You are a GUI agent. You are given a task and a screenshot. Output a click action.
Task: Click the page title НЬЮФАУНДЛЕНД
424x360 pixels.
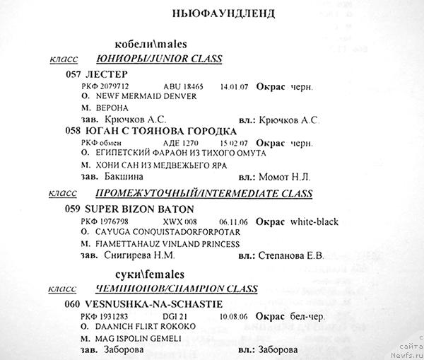pyautogui.click(x=223, y=13)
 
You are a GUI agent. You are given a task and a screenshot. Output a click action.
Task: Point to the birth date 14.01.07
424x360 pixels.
pyautogui.click(x=233, y=86)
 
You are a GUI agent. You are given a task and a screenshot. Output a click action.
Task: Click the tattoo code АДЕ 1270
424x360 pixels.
pyautogui.click(x=179, y=142)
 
